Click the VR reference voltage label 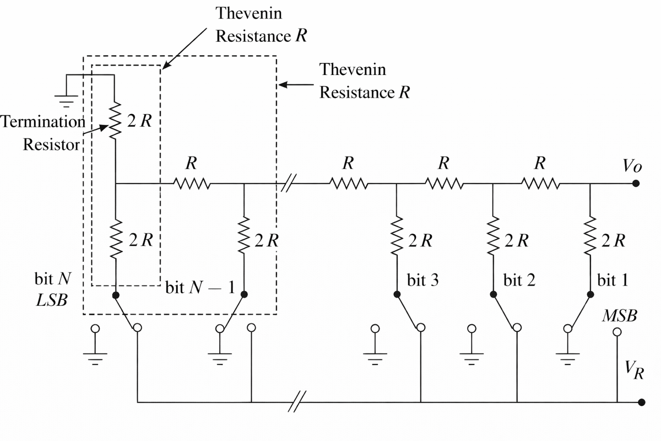tap(633, 370)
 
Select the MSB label tap(619, 316)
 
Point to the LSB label tap(51, 302)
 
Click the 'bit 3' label tap(423, 281)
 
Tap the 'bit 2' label tap(519, 281)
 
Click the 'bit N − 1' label tap(200, 288)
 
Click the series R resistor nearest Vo tap(540, 184)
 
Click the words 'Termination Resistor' tap(43, 133)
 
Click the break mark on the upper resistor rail tap(287, 184)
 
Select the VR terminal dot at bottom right tap(641, 402)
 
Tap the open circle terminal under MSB tap(617, 331)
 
